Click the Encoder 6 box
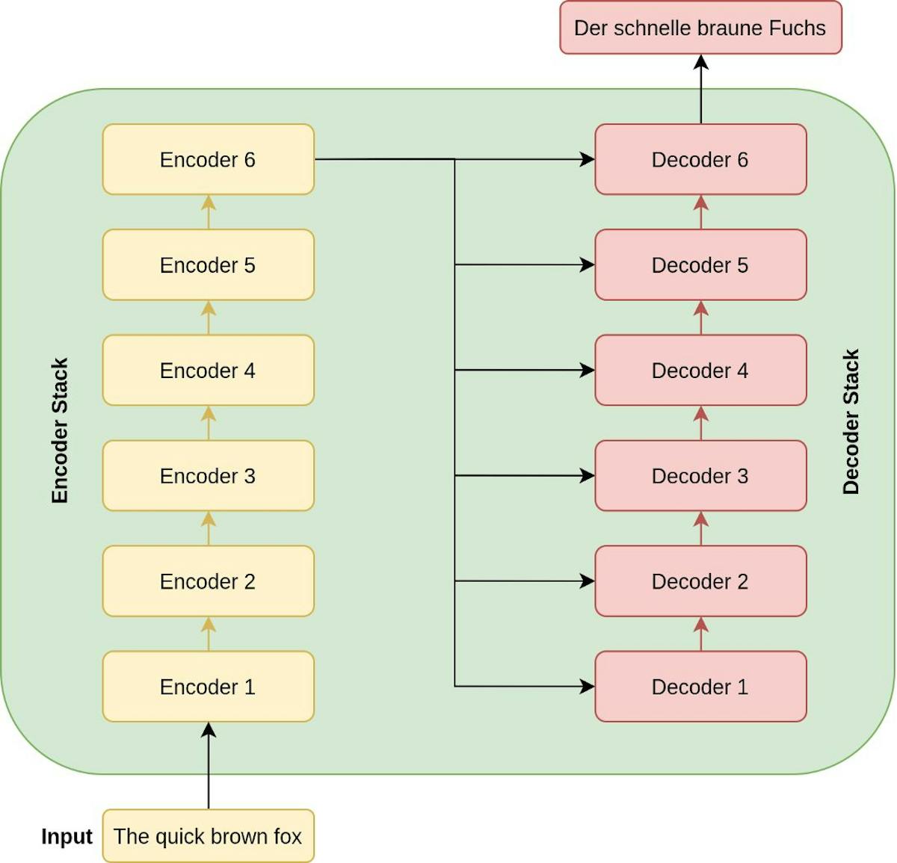(x=208, y=159)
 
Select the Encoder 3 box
(x=208, y=476)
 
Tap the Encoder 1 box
(x=208, y=687)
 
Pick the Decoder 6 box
(x=700, y=159)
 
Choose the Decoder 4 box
(x=700, y=371)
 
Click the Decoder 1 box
(x=700, y=687)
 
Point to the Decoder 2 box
(x=700, y=581)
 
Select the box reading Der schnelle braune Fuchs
(x=700, y=28)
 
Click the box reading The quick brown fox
(x=208, y=836)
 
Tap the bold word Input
(x=67, y=837)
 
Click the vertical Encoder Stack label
(x=60, y=430)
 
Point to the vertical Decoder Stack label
(x=851, y=422)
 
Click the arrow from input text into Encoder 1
(x=209, y=766)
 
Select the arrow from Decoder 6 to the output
(x=700, y=88)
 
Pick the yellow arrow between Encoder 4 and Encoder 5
(x=209, y=318)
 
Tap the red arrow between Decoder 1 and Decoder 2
(x=700, y=634)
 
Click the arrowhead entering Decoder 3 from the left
(x=588, y=476)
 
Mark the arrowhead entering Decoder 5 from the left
(x=588, y=265)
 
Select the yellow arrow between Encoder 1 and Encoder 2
(x=209, y=634)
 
